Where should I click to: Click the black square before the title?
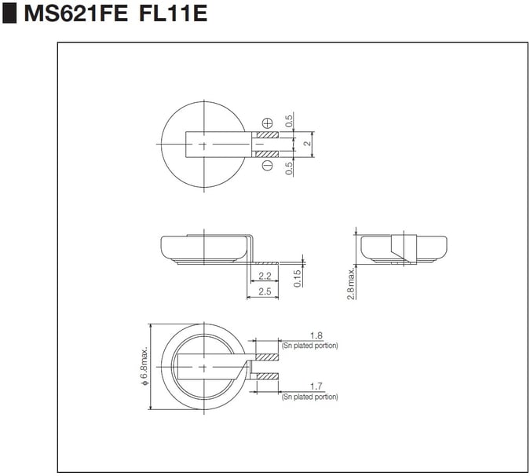pos(9,14)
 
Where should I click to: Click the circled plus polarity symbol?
pos(268,123)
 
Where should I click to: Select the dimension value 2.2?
pos(265,276)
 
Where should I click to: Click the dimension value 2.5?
pos(264,291)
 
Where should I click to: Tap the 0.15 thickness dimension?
pos(298,278)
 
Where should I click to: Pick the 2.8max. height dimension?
pos(351,282)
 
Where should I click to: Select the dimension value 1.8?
pos(316,335)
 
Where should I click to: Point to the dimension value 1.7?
pos(316,386)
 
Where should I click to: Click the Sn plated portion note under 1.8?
pos(309,346)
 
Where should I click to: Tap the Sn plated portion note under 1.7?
pos(309,397)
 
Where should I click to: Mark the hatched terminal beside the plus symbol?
pos(267,134)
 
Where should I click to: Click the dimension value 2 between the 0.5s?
pos(309,144)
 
